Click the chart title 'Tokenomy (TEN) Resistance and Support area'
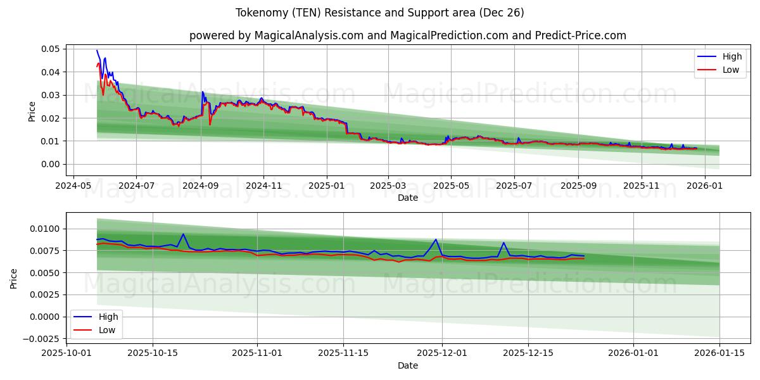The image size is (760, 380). point(379,13)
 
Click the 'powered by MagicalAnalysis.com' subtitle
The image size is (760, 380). point(407,35)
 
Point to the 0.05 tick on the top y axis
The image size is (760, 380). point(51,49)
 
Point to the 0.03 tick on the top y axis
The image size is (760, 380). point(51,95)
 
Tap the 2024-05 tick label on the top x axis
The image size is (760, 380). point(73,186)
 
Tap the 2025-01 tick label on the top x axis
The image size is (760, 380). point(327,186)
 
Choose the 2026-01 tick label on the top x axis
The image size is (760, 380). point(704,186)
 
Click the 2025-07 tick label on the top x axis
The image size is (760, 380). point(514,186)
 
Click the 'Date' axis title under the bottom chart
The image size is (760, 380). point(407,365)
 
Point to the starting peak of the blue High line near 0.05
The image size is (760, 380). point(97,51)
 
